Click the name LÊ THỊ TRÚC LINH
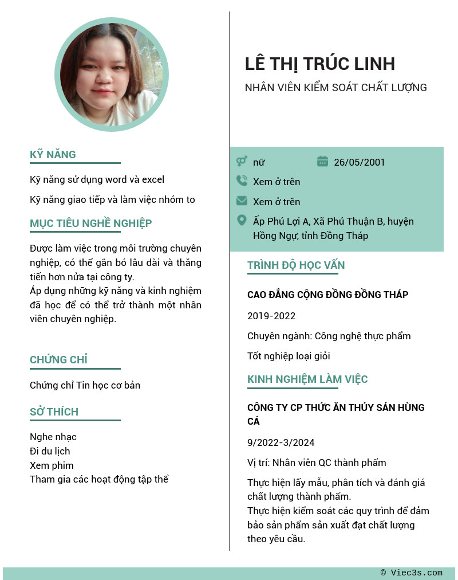tap(319, 64)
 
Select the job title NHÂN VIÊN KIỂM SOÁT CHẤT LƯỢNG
tap(335, 88)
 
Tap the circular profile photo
tap(112, 75)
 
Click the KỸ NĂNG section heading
tap(53, 155)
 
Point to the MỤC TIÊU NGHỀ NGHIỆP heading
tap(90, 224)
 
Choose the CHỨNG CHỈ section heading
tap(58, 360)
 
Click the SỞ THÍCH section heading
tap(54, 412)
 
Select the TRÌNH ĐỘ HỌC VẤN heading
tap(296, 265)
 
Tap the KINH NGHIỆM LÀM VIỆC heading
tap(307, 379)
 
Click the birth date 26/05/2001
tap(360, 162)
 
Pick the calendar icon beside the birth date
tap(322, 162)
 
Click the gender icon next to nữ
tap(242, 162)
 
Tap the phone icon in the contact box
tap(242, 181)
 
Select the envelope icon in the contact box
tap(242, 201)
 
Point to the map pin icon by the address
tap(242, 221)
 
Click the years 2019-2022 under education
tap(271, 316)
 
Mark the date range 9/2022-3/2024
tap(281, 442)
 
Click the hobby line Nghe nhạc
tap(53, 437)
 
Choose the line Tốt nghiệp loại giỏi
tap(289, 356)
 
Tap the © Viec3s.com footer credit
tap(412, 573)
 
